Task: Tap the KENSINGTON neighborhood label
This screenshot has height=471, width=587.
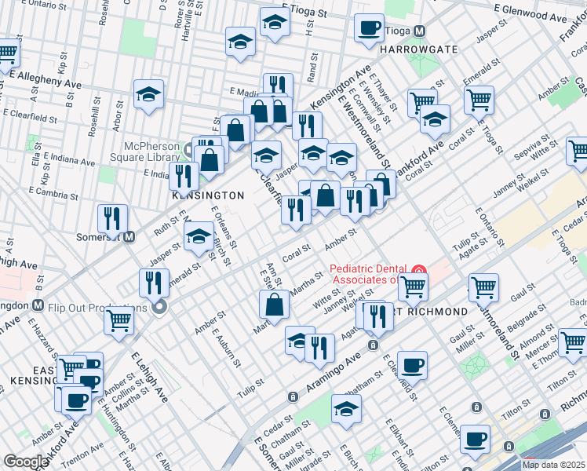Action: pos(208,195)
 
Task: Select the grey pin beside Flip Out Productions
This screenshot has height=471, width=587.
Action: pos(160,307)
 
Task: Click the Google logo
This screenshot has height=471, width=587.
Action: pos(25,462)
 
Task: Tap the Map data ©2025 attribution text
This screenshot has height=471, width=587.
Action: pos(552,465)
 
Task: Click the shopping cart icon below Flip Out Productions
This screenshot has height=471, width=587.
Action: pos(118,319)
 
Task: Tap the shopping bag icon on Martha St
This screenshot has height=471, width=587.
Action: pos(275,304)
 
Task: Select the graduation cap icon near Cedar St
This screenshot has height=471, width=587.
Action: pos(346,408)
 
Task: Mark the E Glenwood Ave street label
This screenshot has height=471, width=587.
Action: pos(546,15)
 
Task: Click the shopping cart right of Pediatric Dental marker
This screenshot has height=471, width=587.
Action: pos(483,287)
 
